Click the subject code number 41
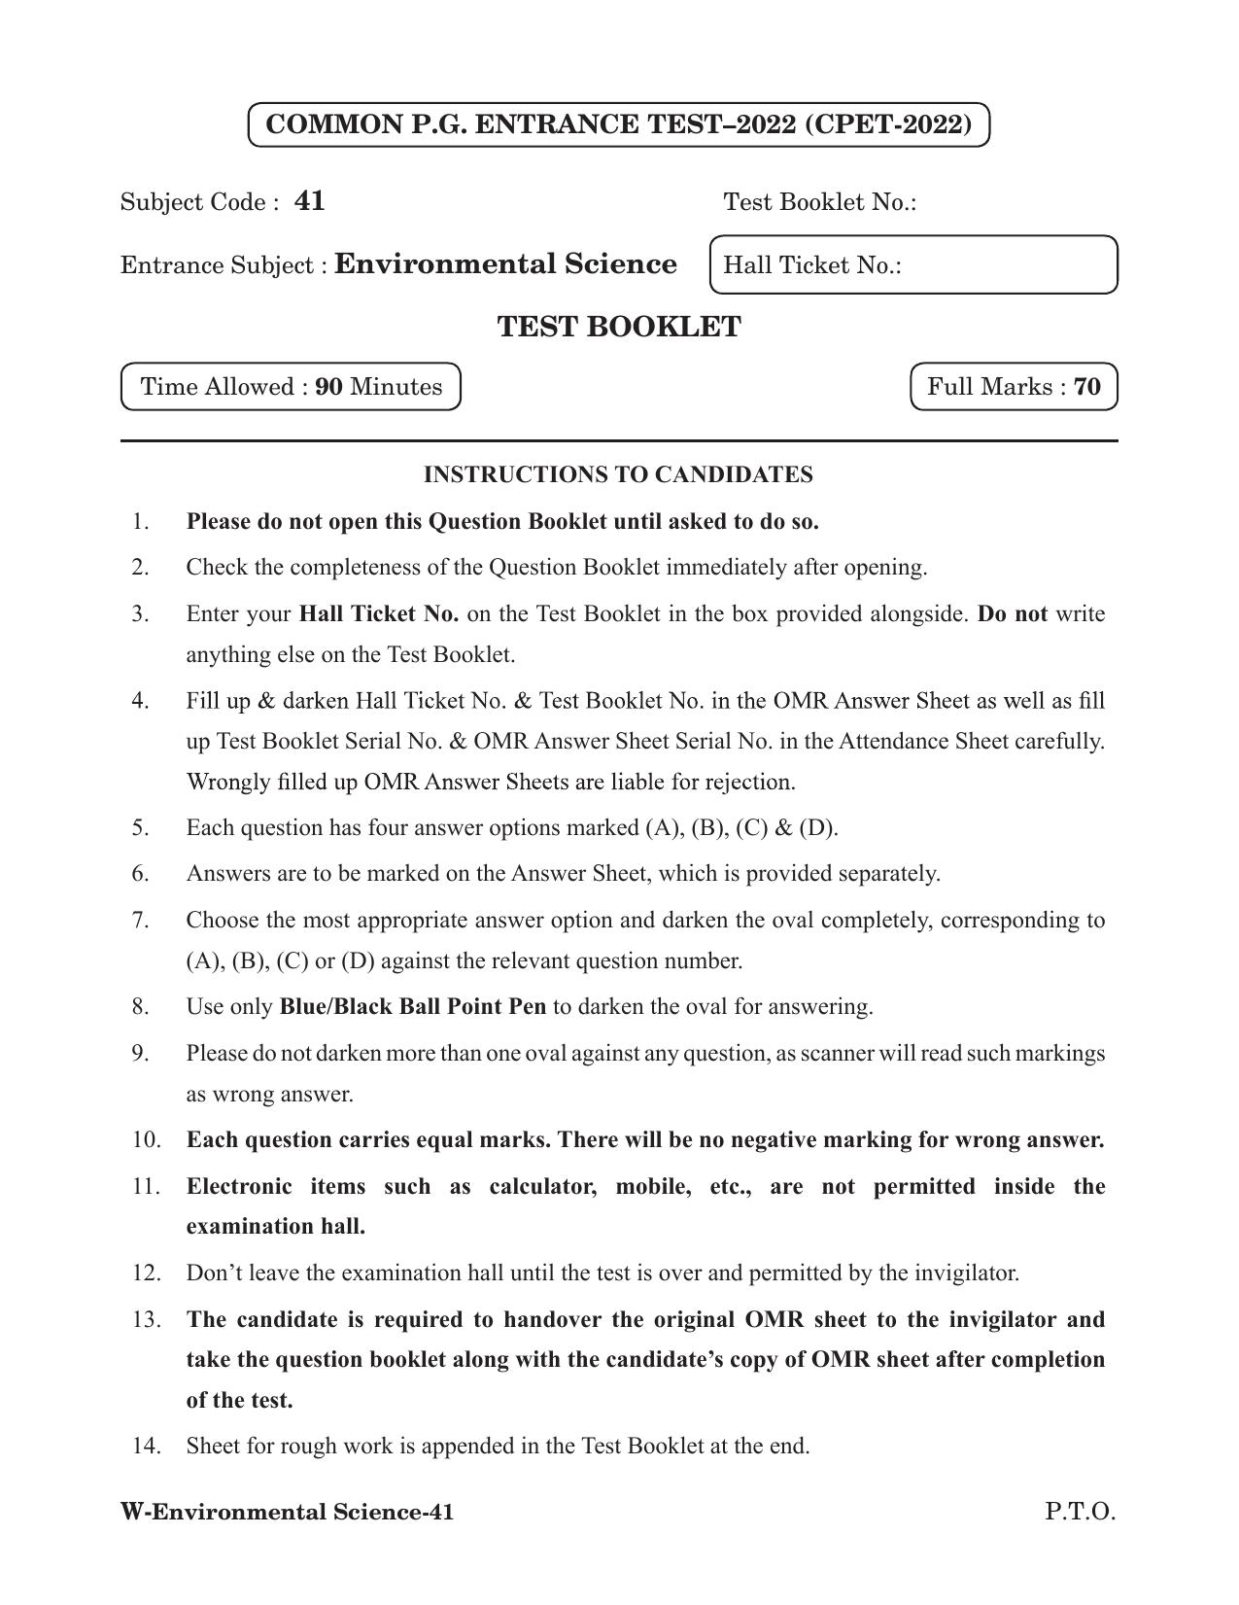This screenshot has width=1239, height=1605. pyautogui.click(x=309, y=201)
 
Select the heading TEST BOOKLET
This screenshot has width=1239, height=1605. pyautogui.click(x=619, y=327)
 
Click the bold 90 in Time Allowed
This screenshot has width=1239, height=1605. pyautogui.click(x=328, y=387)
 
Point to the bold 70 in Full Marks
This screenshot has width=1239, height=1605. pyautogui.click(x=1087, y=387)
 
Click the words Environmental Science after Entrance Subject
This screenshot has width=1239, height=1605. pyautogui.click(x=505, y=264)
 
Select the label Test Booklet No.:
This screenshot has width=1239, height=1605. pyautogui.click(x=820, y=202)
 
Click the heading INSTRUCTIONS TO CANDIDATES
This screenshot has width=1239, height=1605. pyautogui.click(x=618, y=474)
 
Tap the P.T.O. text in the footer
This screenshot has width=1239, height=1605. pyautogui.click(x=1080, y=1512)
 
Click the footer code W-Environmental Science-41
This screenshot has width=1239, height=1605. pyautogui.click(x=287, y=1512)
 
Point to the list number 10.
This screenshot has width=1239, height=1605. pyautogui.click(x=146, y=1139)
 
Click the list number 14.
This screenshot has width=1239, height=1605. pyautogui.click(x=146, y=1446)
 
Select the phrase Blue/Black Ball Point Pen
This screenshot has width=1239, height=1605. pyautogui.click(x=412, y=1006)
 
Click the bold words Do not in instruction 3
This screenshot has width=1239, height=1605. pyautogui.click(x=1012, y=613)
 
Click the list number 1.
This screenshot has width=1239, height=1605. pyautogui.click(x=141, y=521)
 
